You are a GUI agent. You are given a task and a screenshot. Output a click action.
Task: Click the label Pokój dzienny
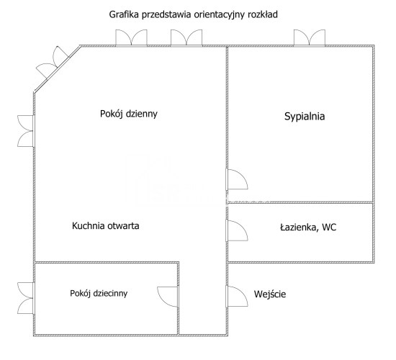129,114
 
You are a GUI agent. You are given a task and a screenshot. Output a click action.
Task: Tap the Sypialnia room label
305,116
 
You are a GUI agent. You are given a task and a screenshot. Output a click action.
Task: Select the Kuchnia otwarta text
106,226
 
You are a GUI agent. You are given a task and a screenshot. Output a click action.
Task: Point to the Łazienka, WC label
308,228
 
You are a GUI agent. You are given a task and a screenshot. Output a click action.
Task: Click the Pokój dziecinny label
99,293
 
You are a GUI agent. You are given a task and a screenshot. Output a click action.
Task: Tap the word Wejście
270,294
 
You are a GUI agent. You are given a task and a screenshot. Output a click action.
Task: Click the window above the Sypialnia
310,38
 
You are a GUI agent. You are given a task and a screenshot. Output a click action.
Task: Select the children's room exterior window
25,298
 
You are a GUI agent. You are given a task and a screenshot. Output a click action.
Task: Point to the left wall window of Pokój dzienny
25,131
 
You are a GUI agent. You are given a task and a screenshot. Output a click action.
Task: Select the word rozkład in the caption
263,14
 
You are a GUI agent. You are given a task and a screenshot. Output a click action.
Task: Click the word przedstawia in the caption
166,15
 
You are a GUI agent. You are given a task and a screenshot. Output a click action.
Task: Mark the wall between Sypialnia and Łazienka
300,202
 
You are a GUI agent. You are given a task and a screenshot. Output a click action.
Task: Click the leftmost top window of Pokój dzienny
131,38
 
